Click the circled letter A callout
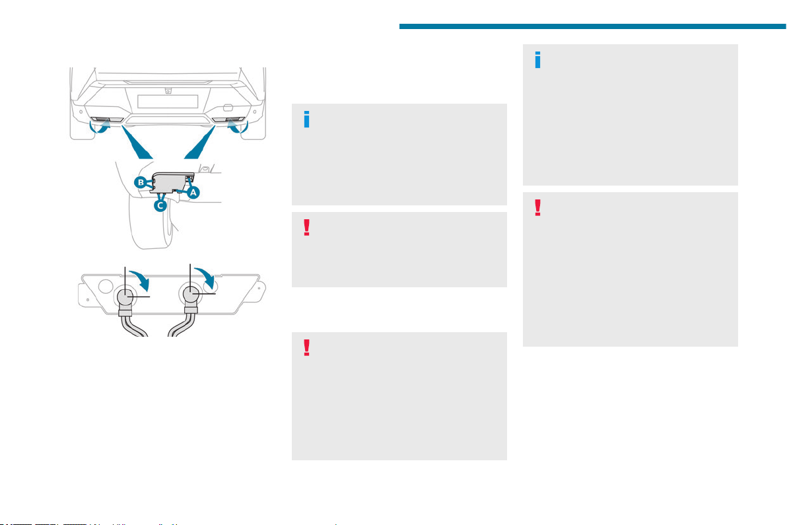193,192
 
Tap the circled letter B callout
141,182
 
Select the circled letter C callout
160,205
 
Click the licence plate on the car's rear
168,101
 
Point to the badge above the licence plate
168,91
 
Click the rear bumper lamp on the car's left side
107,120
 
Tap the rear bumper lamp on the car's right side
228,120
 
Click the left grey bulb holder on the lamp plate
125,297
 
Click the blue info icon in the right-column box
538,59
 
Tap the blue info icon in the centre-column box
306,120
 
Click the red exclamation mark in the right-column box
537,208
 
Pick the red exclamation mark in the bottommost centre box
306,348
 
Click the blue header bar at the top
593,26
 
